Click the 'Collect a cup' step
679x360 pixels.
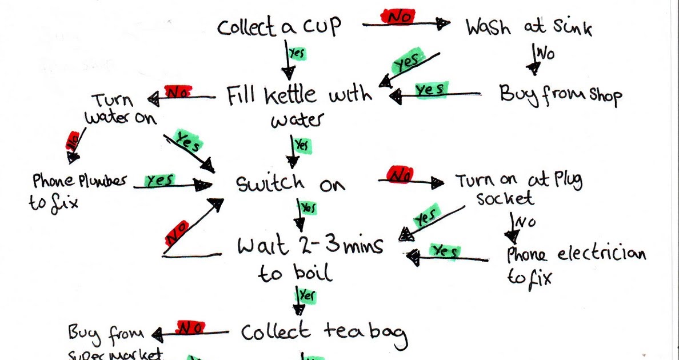(279, 27)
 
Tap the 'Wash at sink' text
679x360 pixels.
(529, 27)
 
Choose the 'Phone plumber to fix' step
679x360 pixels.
(77, 190)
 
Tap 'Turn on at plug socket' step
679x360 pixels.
(518, 188)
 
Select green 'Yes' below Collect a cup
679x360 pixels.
(297, 53)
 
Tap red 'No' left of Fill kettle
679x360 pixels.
(177, 91)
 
